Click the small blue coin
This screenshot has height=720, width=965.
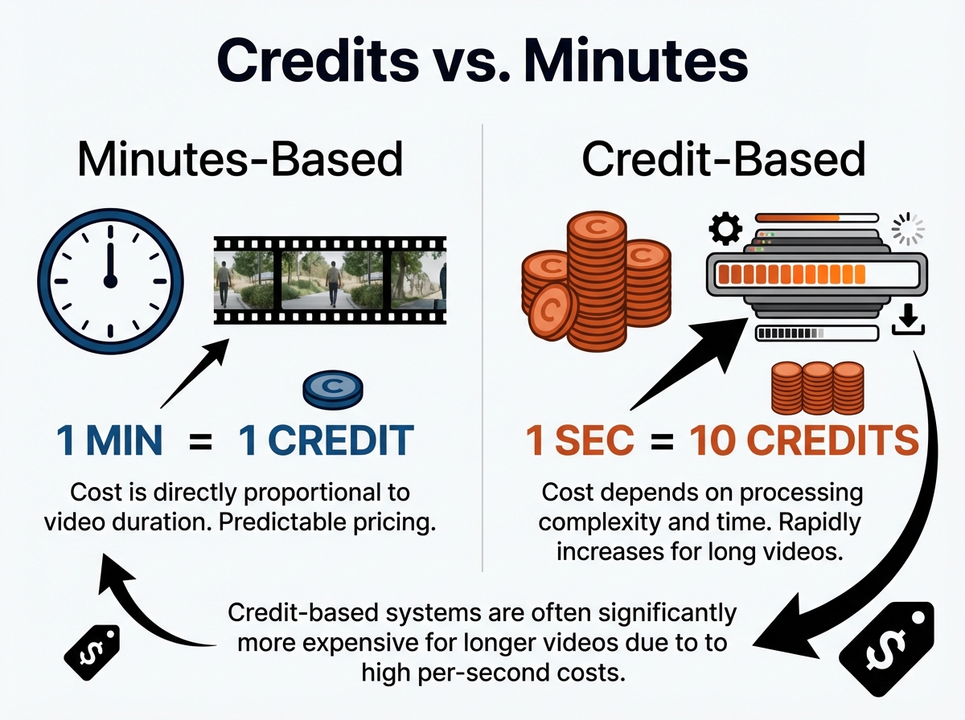point(332,390)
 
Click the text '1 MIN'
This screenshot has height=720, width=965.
point(109,441)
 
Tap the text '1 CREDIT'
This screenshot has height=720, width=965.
point(326,441)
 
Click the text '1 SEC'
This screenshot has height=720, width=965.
point(579,441)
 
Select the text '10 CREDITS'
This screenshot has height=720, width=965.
point(792,441)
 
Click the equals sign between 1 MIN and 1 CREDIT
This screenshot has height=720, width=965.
point(199,441)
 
